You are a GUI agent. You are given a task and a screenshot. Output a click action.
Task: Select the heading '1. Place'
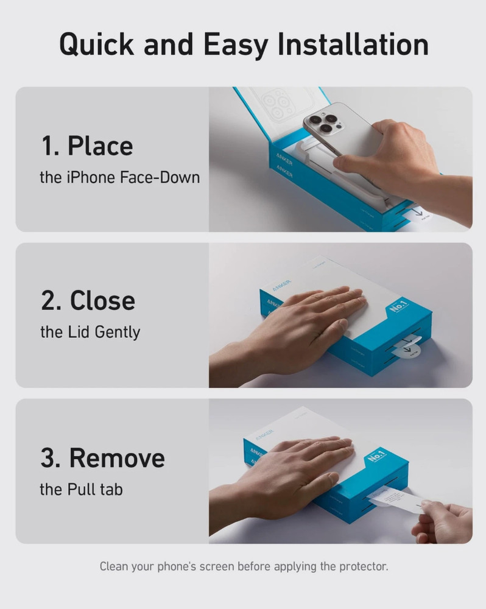(86, 146)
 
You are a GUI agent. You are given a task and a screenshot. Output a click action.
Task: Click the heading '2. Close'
(88, 300)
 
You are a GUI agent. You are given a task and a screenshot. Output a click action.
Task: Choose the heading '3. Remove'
(102, 457)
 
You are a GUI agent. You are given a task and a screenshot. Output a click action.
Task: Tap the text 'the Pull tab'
(81, 489)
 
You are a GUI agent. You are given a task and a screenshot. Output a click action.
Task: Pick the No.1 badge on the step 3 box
(377, 455)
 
